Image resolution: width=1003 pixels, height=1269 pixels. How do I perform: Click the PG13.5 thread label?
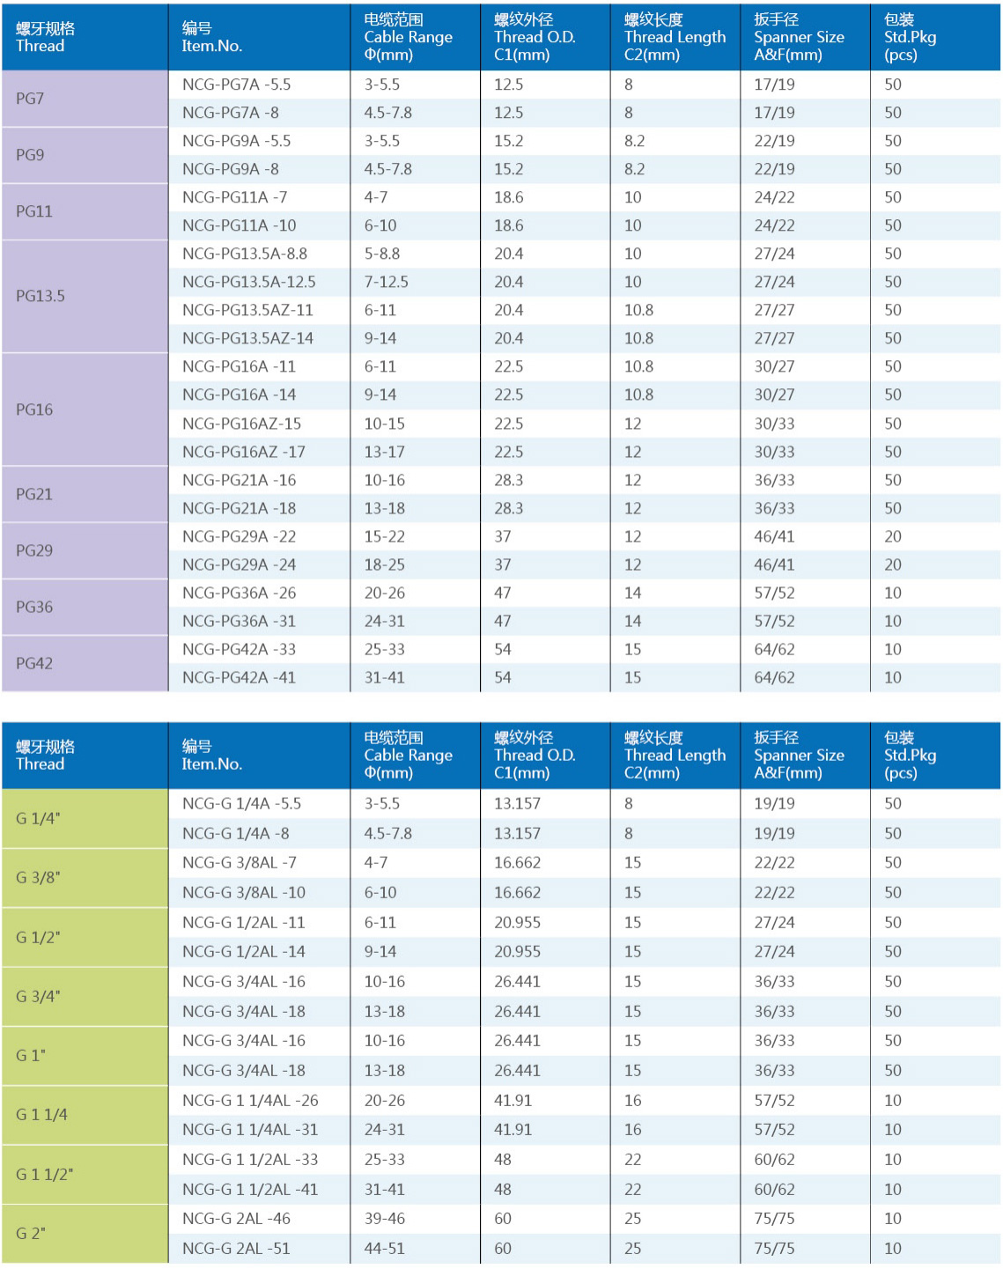pyautogui.click(x=41, y=296)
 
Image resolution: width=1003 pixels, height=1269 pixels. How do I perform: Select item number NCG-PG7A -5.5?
pyautogui.click(x=236, y=85)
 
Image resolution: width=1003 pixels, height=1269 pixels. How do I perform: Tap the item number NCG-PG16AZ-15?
pyautogui.click(x=241, y=424)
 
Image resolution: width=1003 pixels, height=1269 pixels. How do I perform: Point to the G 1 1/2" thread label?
pyautogui.click(x=44, y=1174)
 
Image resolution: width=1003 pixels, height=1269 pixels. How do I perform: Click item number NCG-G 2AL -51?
pyautogui.click(x=236, y=1248)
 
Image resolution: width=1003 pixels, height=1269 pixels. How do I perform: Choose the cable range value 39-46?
pyautogui.click(x=385, y=1218)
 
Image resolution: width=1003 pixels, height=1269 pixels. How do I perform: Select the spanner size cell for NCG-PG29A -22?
pyautogui.click(x=774, y=536)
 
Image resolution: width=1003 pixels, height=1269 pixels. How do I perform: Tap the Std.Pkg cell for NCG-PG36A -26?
pyautogui.click(x=893, y=593)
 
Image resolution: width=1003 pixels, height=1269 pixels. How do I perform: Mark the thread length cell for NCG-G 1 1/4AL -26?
pyautogui.click(x=632, y=1100)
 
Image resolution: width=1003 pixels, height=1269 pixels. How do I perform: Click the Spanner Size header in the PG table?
pyautogui.click(x=799, y=37)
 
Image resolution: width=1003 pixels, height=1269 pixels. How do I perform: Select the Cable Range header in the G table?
pyautogui.click(x=408, y=756)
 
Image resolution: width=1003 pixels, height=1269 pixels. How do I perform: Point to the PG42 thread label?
pyautogui.click(x=34, y=663)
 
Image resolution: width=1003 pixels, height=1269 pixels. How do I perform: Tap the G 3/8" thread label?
pyautogui.click(x=38, y=877)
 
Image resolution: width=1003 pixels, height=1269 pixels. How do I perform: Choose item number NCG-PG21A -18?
pyautogui.click(x=239, y=508)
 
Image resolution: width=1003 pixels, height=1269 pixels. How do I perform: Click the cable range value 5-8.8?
pyautogui.click(x=382, y=254)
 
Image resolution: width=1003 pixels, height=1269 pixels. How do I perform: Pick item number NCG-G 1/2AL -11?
pyautogui.click(x=243, y=922)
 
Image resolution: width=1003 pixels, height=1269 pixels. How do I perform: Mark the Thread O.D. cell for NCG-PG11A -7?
pyautogui.click(x=508, y=197)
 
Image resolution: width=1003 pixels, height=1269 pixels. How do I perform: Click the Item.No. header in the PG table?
pyautogui.click(x=211, y=37)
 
